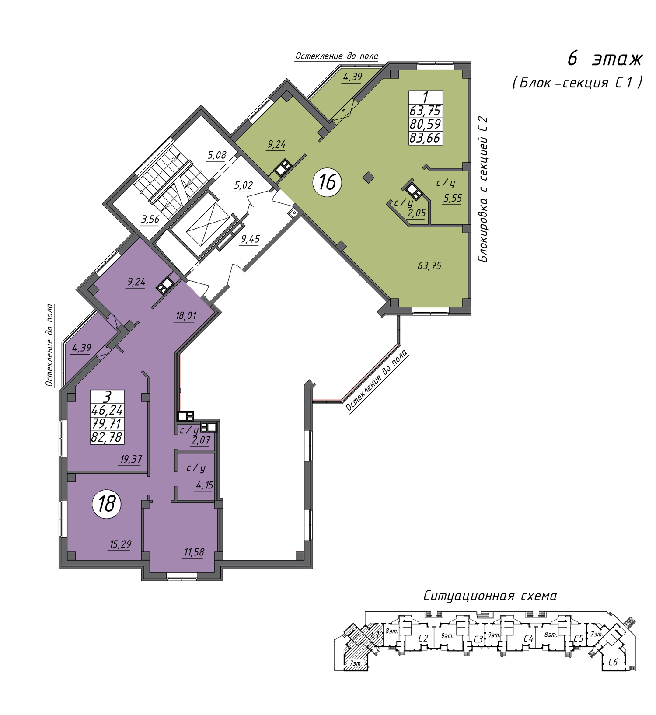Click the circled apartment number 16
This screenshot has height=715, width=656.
(x=327, y=182)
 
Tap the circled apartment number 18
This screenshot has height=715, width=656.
(x=106, y=504)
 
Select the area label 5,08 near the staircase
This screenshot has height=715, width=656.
(x=216, y=155)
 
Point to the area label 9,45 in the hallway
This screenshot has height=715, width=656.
(x=250, y=239)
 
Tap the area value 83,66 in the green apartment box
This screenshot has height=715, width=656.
(x=425, y=138)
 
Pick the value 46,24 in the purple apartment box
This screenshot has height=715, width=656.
(x=107, y=410)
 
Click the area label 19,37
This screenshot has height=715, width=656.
(x=131, y=459)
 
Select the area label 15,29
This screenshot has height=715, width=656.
(x=120, y=544)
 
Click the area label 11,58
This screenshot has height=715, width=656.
(x=194, y=552)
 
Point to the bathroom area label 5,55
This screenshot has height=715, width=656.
(x=453, y=199)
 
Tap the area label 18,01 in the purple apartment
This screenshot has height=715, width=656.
(x=185, y=316)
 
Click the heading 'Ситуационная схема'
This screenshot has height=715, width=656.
(x=490, y=596)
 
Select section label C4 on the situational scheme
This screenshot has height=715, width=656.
(x=528, y=639)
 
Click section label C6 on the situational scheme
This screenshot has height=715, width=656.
(x=613, y=662)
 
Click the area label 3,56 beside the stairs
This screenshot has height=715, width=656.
(x=150, y=219)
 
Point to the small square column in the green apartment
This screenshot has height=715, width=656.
(x=369, y=177)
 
